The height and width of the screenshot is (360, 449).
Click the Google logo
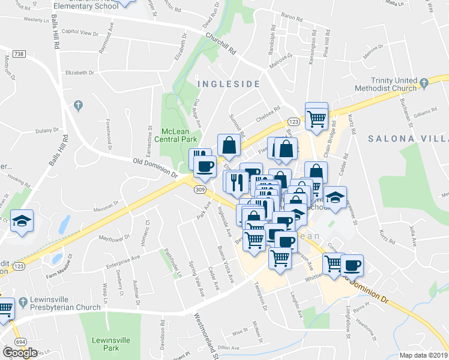20,353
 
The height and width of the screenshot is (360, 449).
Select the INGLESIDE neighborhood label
228,84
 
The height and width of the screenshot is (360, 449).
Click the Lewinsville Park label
110,343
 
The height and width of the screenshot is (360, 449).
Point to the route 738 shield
19,55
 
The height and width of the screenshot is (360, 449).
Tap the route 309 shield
200,190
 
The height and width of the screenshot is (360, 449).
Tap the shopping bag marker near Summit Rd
229,145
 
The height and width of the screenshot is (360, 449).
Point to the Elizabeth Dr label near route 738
81,73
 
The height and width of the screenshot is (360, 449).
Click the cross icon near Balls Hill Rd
77,106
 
